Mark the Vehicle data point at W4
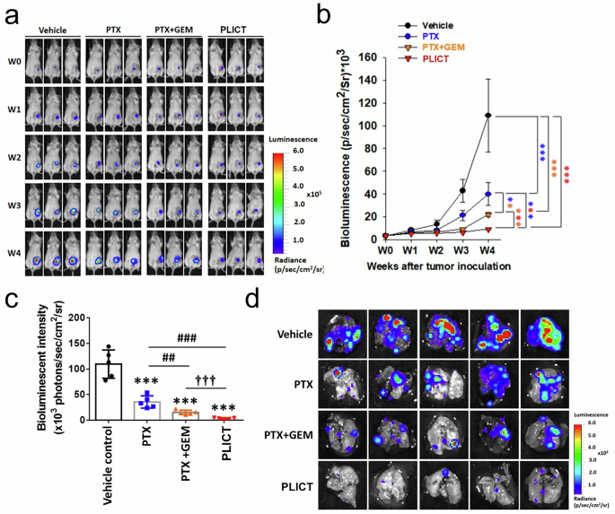(x=487, y=115)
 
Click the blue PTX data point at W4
(x=487, y=193)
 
